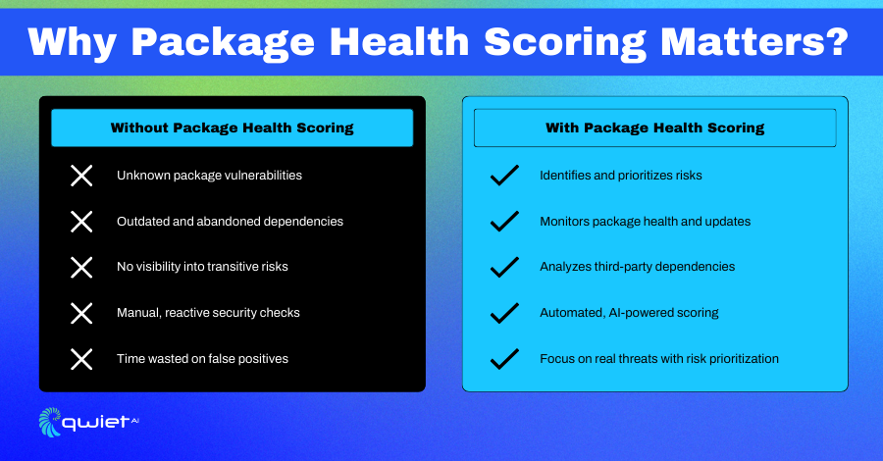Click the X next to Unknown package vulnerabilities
tap(81, 176)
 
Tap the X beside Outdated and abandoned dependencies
tap(81, 222)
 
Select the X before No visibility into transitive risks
tap(81, 268)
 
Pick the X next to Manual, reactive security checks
tap(81, 313)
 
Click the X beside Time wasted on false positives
tap(81, 359)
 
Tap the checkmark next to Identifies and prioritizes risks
tap(504, 175)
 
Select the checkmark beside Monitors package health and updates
tap(504, 222)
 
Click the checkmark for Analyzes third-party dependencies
tap(504, 267)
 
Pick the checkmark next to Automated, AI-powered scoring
tap(504, 313)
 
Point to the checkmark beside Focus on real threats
tap(504, 359)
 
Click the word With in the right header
tap(562, 128)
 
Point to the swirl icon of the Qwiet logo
tap(50, 422)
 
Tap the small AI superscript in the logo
tap(134, 420)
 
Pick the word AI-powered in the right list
tap(637, 313)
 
